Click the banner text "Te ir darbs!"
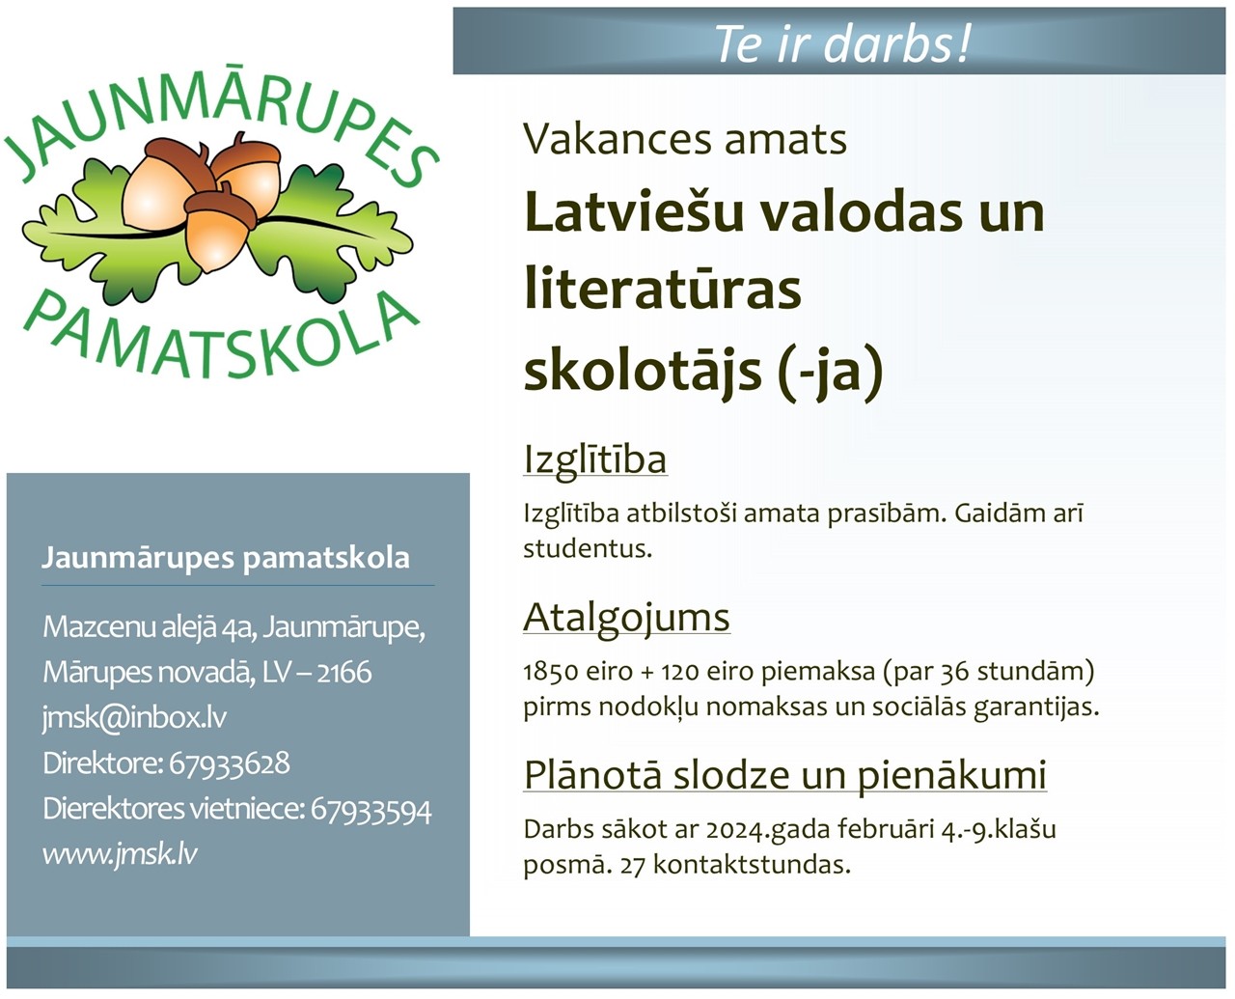pos(842,43)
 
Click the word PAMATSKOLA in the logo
pos(221,343)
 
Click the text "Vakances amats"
pos(684,139)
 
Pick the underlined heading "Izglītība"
pos(595,460)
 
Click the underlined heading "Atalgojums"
pos(626,618)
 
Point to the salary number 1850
pos(551,672)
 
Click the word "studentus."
pos(588,549)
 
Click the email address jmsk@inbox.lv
pos(134,717)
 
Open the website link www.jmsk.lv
pos(120,853)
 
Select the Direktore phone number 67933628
pos(229,763)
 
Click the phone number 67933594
pos(371,809)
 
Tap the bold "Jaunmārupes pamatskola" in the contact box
pos(225,558)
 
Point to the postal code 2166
pos(344,673)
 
